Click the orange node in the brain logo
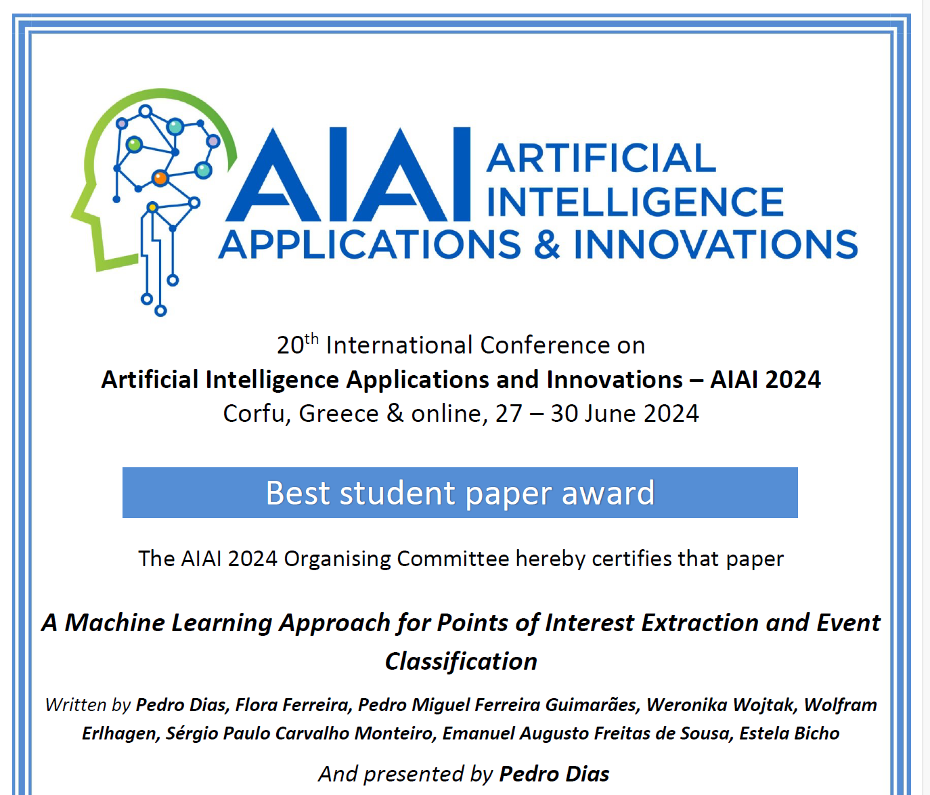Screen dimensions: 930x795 click(160, 178)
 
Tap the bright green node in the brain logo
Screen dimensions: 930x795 click(134, 144)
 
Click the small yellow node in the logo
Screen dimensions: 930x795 click(152, 207)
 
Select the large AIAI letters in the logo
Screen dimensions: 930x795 click(348, 175)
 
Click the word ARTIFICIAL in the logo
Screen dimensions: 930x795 click(601, 158)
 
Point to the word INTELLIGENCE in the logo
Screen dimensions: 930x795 click(636, 201)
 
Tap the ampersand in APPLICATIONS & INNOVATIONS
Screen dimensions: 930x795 click(547, 244)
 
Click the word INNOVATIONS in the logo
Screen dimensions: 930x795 click(716, 244)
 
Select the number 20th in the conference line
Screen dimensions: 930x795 click(297, 345)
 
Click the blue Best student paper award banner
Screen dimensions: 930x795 click(460, 492)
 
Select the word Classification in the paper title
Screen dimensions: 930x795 click(461, 662)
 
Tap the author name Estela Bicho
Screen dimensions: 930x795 click(789, 733)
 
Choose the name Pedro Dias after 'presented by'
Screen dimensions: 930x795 click(554, 774)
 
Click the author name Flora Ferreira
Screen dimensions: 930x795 click(293, 705)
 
